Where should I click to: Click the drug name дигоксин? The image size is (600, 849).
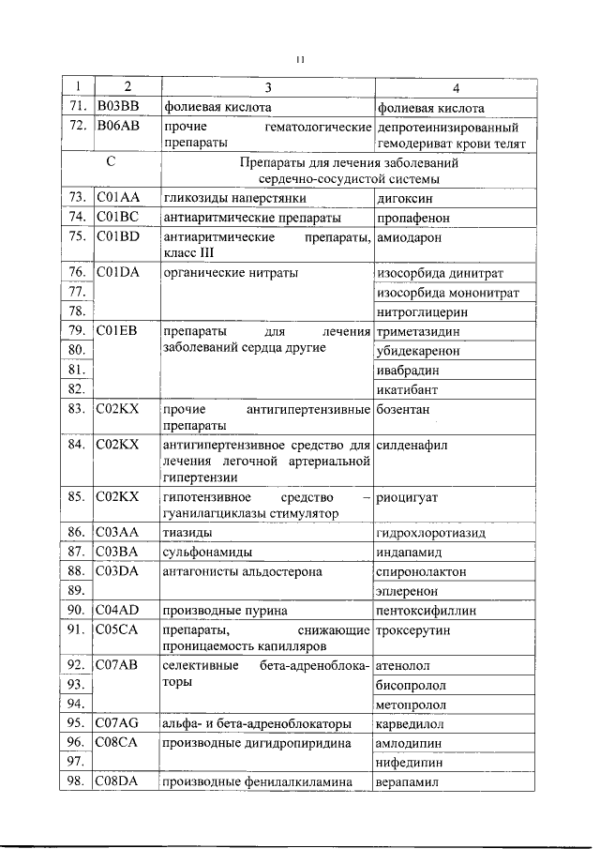click(404, 199)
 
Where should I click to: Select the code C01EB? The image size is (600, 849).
click(117, 330)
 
